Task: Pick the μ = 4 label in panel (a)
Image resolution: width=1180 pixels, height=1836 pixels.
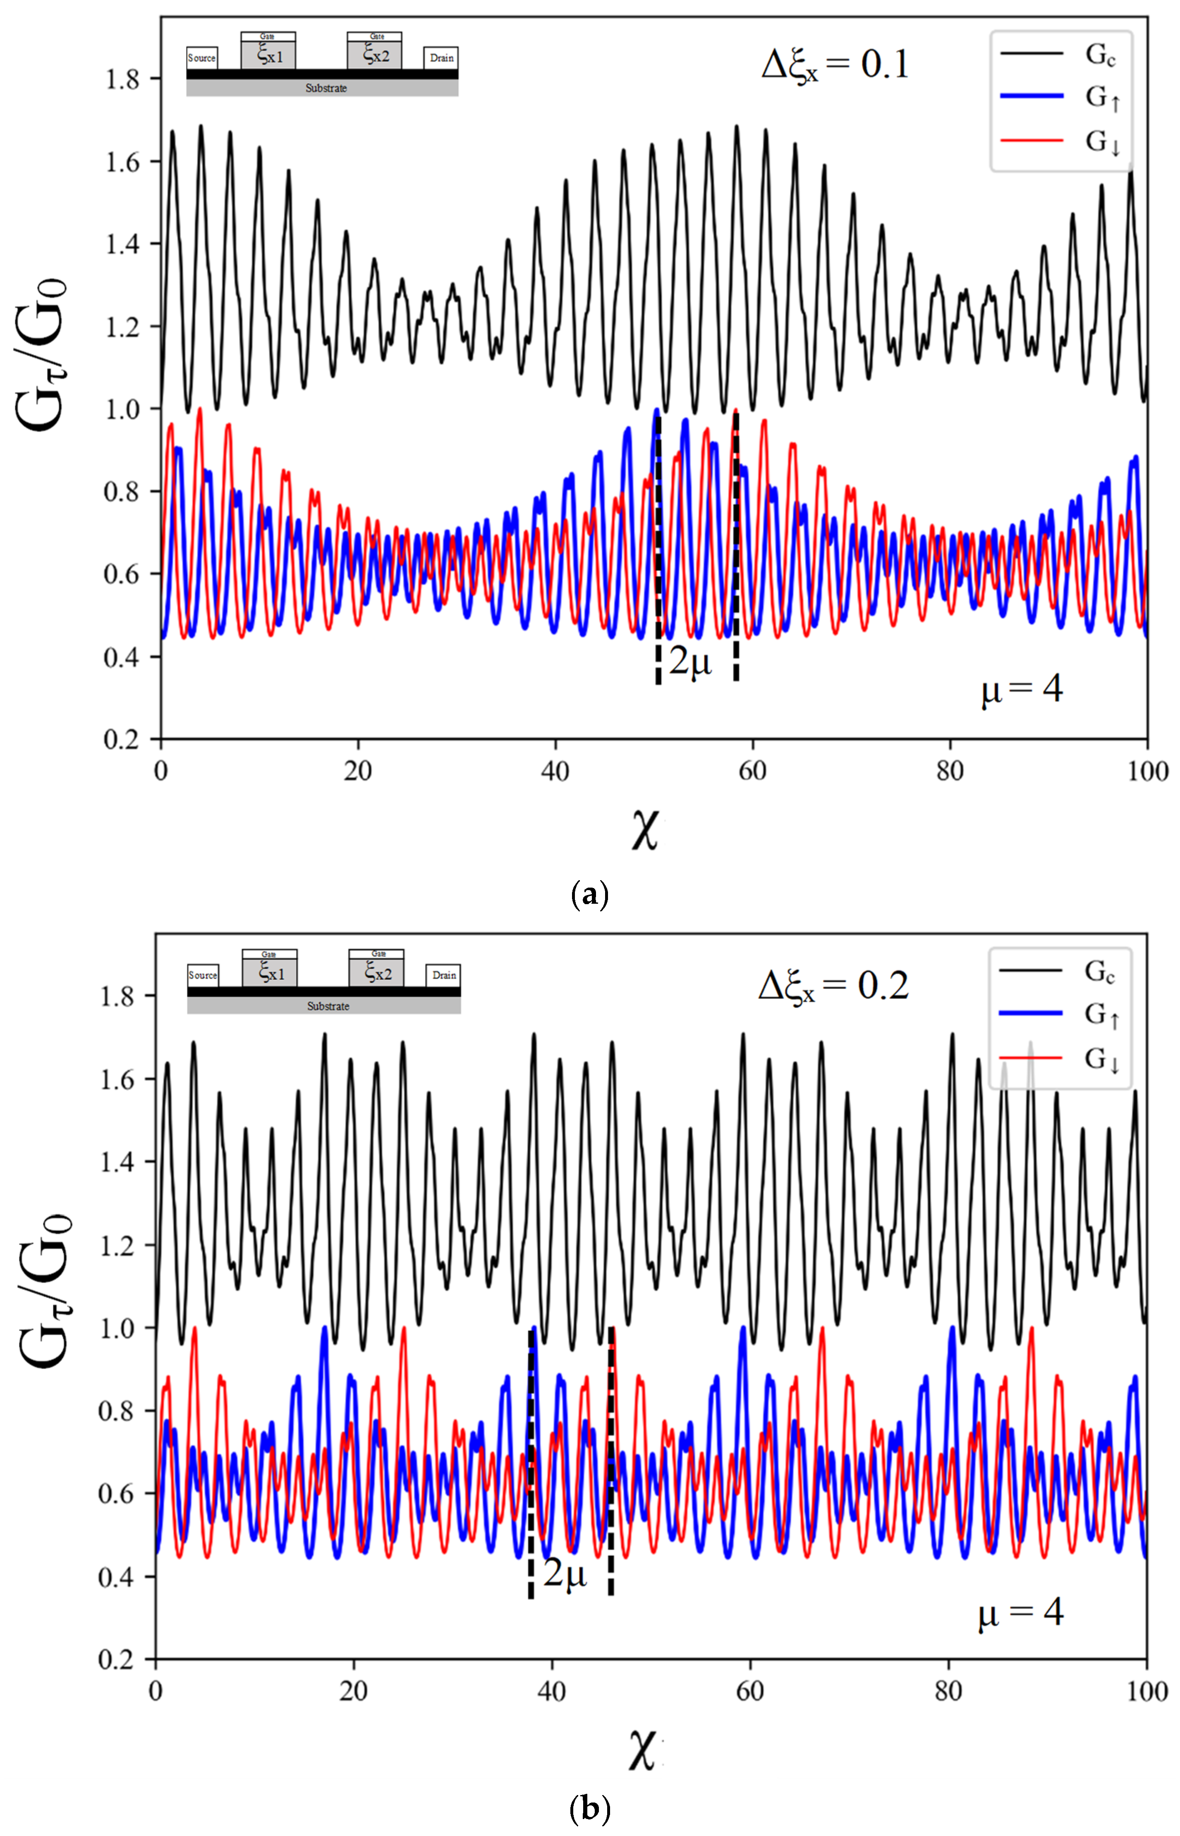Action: coord(1022,689)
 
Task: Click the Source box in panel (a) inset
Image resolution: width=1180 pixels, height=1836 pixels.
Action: coord(201,58)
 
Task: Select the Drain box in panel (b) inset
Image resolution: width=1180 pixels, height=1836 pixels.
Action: coord(444,975)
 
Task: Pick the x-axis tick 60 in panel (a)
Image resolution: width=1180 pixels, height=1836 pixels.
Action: coord(752,771)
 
